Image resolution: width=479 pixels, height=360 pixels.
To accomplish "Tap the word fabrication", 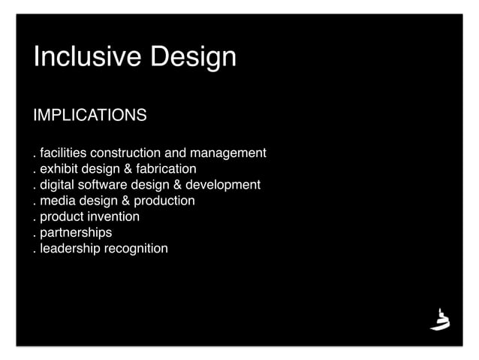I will (x=165, y=169).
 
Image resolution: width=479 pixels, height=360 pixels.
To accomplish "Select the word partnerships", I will (x=76, y=233).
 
